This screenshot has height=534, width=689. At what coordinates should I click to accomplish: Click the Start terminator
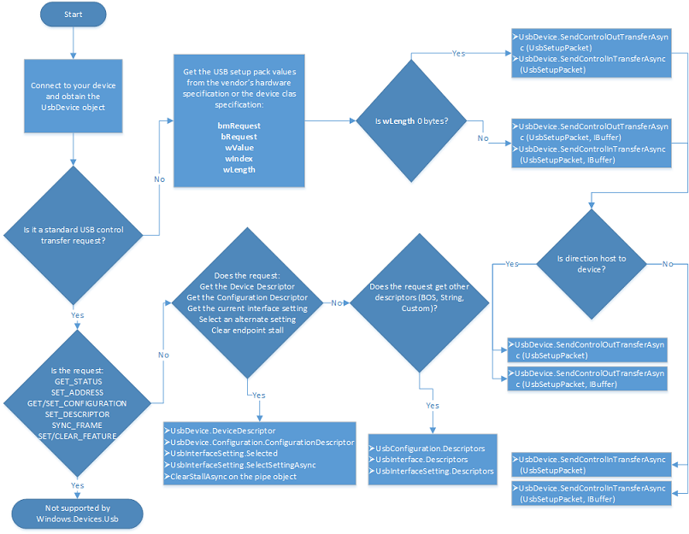[73, 15]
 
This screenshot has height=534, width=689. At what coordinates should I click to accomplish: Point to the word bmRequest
[238, 126]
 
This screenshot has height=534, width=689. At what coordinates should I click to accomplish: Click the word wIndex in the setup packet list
[238, 159]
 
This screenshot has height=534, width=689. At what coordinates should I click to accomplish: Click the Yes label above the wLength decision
[459, 53]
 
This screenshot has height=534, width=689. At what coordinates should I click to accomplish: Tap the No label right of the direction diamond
[667, 264]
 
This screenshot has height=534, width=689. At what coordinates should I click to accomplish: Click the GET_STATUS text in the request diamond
[76, 381]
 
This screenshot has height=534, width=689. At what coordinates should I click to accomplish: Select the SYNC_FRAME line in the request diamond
[76, 425]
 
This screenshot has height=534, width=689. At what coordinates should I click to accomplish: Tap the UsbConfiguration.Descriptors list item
[430, 449]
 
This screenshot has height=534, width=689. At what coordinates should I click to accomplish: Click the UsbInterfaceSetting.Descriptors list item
[434, 471]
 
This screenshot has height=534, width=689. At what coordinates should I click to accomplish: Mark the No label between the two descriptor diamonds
[337, 302]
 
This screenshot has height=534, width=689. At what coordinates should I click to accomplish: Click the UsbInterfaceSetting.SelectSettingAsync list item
[244, 465]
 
